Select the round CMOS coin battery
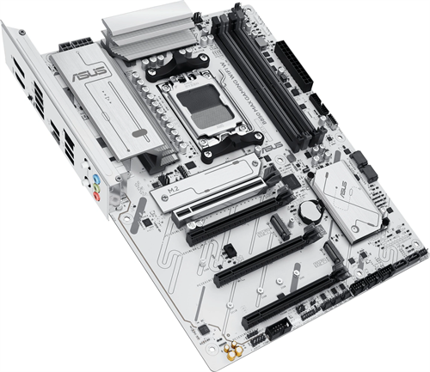[310, 210]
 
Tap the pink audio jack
[97, 196]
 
